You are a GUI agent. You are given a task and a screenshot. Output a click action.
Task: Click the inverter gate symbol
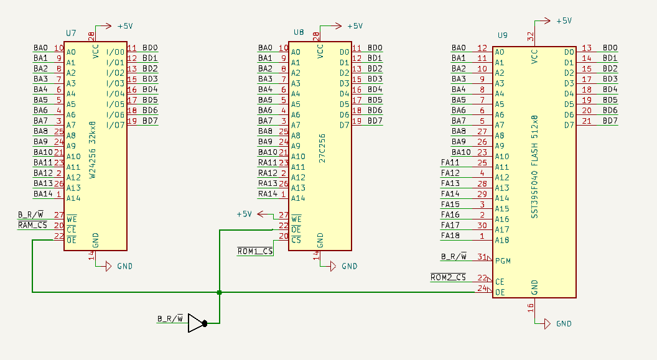point(196,323)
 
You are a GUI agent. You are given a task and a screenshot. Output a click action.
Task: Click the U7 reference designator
point(71,32)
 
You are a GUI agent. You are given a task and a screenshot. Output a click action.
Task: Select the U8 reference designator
point(299,32)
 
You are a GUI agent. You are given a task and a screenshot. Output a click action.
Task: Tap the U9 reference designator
point(502,35)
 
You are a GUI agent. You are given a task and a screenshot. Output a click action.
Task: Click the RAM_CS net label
point(32,225)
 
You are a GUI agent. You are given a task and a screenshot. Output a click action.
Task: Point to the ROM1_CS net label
point(255,251)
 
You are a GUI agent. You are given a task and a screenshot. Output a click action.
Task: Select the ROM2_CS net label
point(448,277)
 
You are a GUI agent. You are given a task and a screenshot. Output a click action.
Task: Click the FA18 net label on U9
point(450,236)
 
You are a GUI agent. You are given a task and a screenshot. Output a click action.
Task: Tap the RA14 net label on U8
point(268,193)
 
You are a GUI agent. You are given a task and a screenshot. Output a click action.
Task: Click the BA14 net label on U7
point(43,193)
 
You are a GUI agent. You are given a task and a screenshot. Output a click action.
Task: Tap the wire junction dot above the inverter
point(220,292)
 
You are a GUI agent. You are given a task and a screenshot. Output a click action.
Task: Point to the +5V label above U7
point(125,26)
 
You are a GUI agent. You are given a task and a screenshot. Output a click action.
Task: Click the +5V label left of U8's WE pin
point(244,215)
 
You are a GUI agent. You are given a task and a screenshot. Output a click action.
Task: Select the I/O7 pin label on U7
point(115,125)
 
